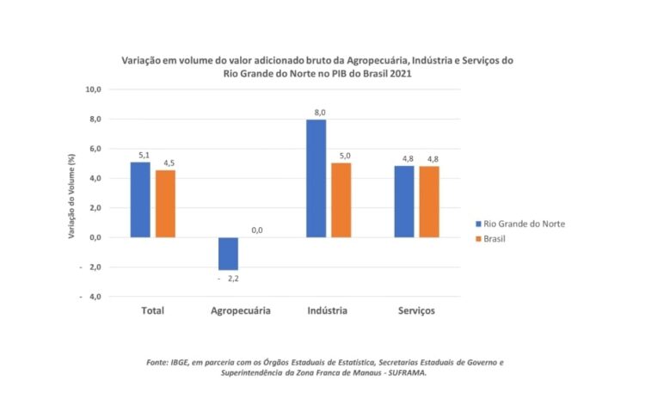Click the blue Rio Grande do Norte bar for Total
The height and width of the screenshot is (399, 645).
click(140, 199)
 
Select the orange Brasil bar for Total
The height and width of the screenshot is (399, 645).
click(165, 204)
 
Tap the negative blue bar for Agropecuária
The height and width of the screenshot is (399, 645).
click(228, 254)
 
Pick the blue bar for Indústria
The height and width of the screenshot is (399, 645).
click(316, 178)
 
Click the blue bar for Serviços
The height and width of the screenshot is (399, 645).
click(404, 201)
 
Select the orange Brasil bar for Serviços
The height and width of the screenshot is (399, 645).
click(429, 201)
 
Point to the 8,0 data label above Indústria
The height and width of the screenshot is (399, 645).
click(319, 113)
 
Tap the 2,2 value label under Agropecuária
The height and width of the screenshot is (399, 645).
click(232, 279)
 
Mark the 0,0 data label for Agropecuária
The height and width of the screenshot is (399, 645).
click(257, 230)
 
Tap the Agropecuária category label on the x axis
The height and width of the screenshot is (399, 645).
click(241, 310)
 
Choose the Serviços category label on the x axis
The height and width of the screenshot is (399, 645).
click(416, 310)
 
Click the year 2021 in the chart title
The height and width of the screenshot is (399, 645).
click(398, 75)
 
